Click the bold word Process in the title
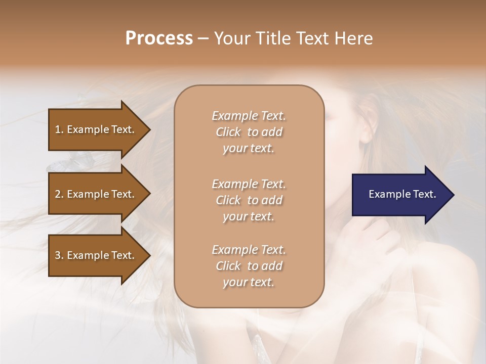159,38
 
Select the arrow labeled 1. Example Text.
96,129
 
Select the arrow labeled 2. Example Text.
96,194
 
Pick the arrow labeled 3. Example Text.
96,255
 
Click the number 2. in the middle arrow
59,194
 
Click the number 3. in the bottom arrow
59,255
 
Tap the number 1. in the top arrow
59,129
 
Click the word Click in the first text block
228,132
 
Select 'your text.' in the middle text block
249,216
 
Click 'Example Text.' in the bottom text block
249,250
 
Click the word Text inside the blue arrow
424,194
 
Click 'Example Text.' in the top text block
249,116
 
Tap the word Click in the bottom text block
228,266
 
